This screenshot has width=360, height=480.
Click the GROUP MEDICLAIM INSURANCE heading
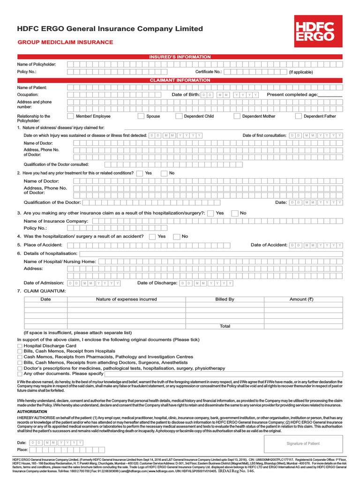tap(65, 42)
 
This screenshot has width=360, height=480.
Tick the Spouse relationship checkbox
tap(141, 116)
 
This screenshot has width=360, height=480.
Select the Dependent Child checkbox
tap(179, 116)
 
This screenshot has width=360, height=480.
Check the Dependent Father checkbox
tap(298, 116)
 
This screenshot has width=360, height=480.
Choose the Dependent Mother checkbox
tap(237, 116)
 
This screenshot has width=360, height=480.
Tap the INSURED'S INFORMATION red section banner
tap(180, 57)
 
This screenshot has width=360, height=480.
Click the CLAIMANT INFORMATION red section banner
tap(180, 80)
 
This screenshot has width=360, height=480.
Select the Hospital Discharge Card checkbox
tap(20, 345)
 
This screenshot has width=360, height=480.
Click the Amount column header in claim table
tap(301, 299)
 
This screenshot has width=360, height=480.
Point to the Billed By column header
tap(225, 299)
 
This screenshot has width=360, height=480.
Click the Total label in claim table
tap(225, 326)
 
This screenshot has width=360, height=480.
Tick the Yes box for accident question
tap(152, 237)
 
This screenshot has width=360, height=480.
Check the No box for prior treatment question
tap(164, 173)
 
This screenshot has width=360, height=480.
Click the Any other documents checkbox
tap(20, 374)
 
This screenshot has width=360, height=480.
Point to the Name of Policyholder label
tap(37, 64)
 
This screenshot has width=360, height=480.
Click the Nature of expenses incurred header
tap(127, 299)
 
